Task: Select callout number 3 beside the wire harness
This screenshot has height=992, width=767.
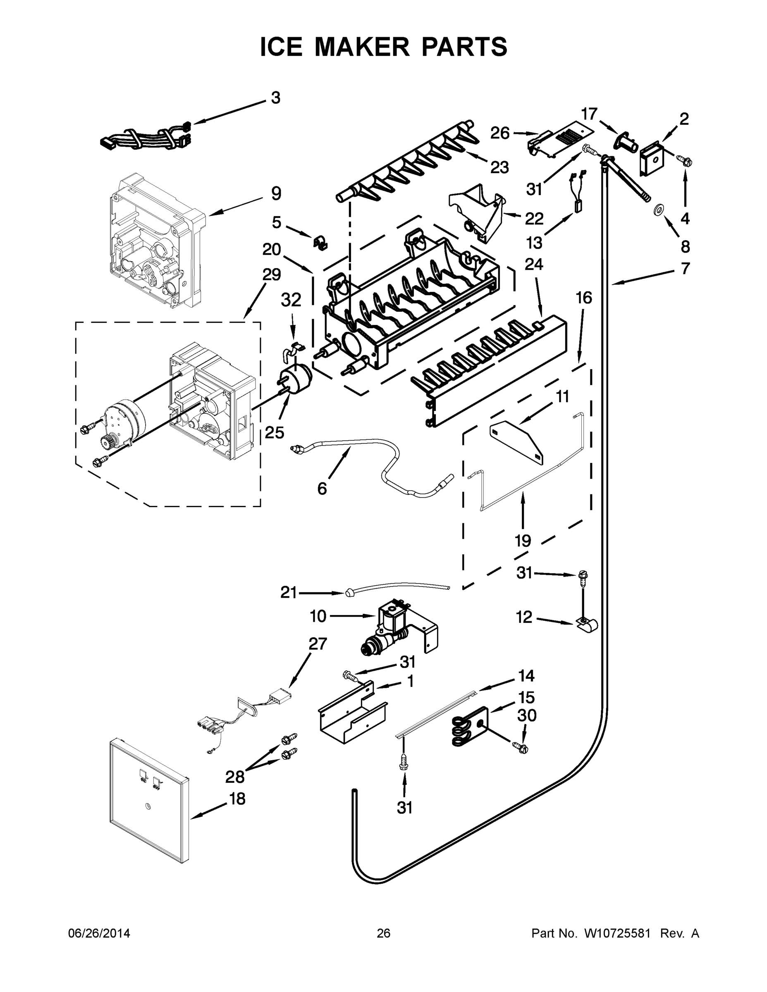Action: (275, 98)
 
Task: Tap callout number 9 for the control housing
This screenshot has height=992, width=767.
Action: (276, 194)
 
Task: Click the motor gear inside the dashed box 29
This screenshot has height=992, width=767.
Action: (108, 440)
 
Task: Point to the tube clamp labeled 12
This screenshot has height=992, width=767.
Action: (587, 625)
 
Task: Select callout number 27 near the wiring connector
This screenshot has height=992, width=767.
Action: (318, 644)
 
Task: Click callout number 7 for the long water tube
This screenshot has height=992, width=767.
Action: (685, 268)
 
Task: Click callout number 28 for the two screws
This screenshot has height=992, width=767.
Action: (235, 777)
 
